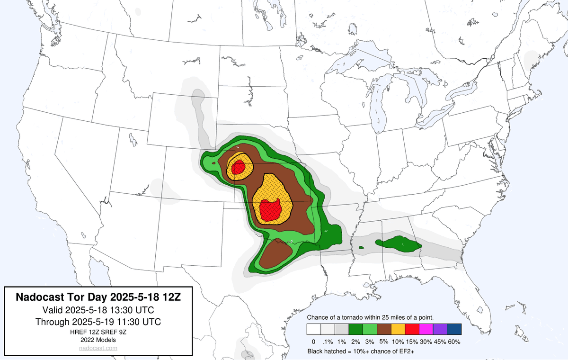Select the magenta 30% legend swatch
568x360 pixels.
point(425,329)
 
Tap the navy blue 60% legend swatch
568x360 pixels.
point(454,329)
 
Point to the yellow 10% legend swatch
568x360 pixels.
point(398,329)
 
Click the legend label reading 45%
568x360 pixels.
point(439,342)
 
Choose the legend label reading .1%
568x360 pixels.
point(328,342)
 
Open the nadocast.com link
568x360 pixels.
point(98,348)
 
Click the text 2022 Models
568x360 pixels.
point(98,340)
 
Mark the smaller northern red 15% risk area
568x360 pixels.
point(238,167)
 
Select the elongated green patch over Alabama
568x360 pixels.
point(398,244)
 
